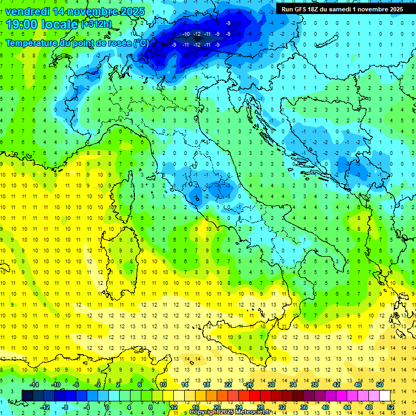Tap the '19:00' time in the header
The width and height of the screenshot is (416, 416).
pos(22,24)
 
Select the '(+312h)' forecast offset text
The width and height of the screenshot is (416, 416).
pos(97,24)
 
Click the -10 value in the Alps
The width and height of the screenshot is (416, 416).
pos(186,34)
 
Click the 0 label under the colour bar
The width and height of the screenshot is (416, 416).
pos(107,407)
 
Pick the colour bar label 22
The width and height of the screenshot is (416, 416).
pos(229,384)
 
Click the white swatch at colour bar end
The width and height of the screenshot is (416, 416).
pos(385,395)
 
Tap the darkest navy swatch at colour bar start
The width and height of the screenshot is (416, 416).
pos(28,395)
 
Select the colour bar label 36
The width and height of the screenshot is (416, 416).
pos(303,407)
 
